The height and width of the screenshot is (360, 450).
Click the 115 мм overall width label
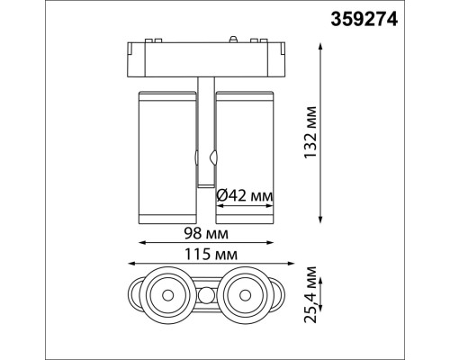pyautogui.click(x=206, y=254)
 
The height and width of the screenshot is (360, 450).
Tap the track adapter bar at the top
pyautogui.click(x=206, y=57)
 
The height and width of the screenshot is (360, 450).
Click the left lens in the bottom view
pyautogui.click(x=168, y=292)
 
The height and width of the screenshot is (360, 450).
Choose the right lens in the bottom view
pyautogui.click(x=244, y=292)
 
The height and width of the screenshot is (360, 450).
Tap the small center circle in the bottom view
pyautogui.click(x=206, y=293)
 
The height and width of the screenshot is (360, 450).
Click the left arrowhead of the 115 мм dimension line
pyautogui.click(x=130, y=264)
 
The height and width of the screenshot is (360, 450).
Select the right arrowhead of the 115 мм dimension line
pyautogui.click(x=283, y=264)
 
